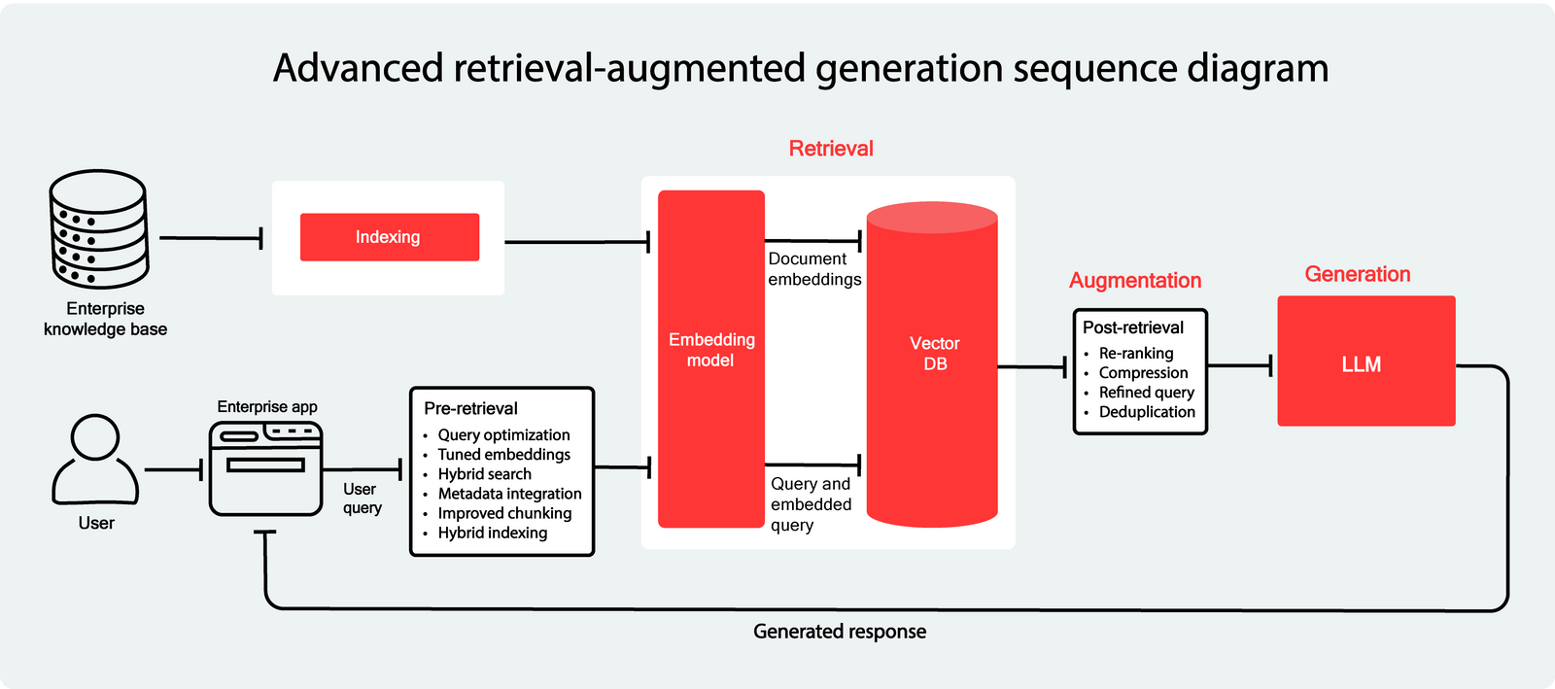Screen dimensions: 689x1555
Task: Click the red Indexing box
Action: (x=389, y=237)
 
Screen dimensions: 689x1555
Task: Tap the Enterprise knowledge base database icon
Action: (x=98, y=229)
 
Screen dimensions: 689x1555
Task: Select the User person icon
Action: (x=95, y=460)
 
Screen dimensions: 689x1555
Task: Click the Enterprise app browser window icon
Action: (x=266, y=469)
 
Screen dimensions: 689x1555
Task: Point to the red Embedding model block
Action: (x=711, y=360)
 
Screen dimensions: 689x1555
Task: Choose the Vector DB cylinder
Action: (x=932, y=364)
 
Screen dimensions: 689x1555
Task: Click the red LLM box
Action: (x=1365, y=362)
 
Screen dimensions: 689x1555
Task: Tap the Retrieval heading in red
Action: (x=831, y=149)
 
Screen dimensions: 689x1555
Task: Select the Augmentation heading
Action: (x=1135, y=281)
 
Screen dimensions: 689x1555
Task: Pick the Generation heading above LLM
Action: (x=1357, y=275)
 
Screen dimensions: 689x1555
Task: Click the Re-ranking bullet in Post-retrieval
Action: (x=1135, y=354)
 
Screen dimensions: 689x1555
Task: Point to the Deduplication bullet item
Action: (x=1147, y=412)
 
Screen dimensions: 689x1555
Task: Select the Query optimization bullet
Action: (x=503, y=435)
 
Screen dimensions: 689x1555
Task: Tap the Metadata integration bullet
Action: (x=509, y=494)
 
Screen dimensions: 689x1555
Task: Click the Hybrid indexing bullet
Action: (x=492, y=533)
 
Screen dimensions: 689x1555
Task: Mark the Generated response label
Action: (x=840, y=632)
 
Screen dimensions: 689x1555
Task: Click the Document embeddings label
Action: (x=813, y=269)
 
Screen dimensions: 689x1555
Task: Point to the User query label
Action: (x=362, y=499)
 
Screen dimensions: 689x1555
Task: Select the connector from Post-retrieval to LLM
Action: (x=1239, y=366)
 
